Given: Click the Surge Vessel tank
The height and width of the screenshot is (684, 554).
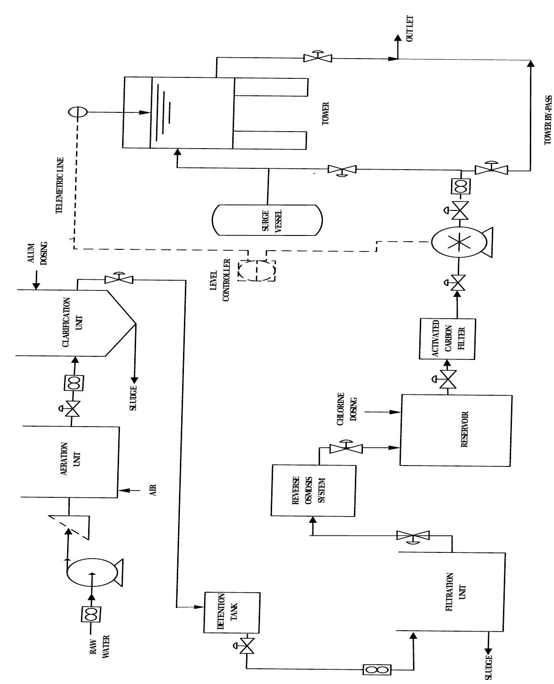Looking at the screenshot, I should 267,220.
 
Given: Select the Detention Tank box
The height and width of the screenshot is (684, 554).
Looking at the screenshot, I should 232,612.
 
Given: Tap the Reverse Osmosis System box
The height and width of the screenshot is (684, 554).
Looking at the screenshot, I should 313,490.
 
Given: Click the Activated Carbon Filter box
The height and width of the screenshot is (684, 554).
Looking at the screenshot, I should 447,339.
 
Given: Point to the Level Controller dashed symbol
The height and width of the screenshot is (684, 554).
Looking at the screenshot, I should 256,270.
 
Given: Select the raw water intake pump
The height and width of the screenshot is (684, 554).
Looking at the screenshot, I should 93,572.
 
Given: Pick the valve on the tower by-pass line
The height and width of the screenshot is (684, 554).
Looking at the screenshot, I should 491,169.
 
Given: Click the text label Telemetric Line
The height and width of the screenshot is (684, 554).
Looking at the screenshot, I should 60,185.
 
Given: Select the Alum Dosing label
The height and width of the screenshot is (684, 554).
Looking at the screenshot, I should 38,254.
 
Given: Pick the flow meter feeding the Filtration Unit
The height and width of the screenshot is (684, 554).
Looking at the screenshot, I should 377,670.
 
